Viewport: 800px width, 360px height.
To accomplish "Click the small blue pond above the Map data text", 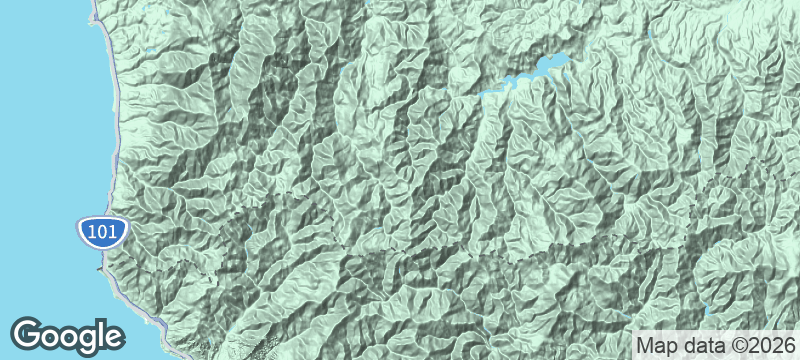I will pos(706,309).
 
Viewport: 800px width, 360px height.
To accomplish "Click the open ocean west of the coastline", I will pos(40,150).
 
